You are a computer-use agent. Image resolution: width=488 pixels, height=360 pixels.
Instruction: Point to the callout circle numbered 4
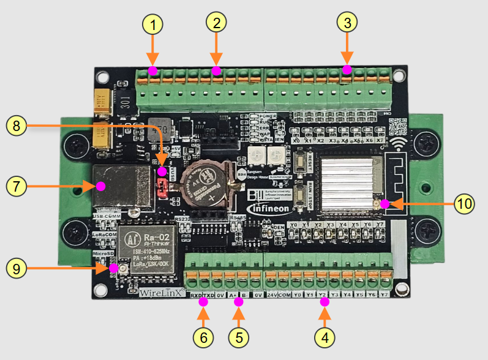pos(325,337)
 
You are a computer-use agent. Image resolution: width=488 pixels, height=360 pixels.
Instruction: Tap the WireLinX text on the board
pos(161,293)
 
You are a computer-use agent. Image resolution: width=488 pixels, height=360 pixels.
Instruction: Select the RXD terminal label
pos(195,295)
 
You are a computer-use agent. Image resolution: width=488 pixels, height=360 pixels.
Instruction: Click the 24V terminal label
pos(272,295)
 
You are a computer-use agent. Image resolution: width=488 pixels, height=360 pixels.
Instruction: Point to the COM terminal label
pos(285,295)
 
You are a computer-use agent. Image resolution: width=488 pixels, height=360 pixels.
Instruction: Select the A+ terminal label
pos(233,295)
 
